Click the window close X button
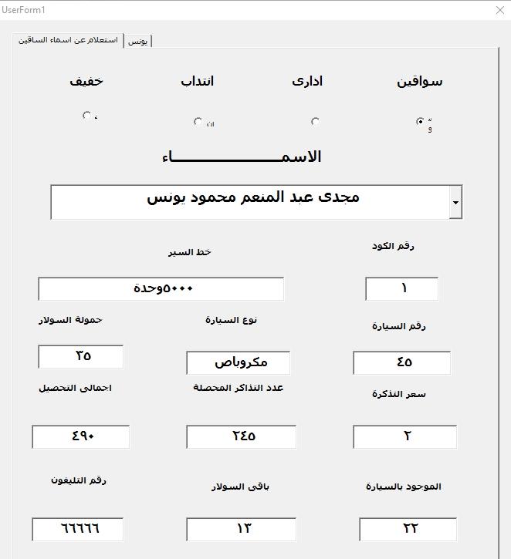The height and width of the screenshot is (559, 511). click(x=499, y=10)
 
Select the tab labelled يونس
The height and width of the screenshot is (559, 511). click(x=138, y=41)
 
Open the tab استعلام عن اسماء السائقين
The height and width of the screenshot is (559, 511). click(x=69, y=39)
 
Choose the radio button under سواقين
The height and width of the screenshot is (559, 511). click(x=420, y=121)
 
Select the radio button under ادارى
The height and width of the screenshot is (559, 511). click(x=315, y=121)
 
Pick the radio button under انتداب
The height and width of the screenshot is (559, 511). click(x=198, y=121)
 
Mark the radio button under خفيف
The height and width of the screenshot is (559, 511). click(x=86, y=116)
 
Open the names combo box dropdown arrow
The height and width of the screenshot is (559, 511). click(x=455, y=203)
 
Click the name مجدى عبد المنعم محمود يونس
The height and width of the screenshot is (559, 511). click(x=253, y=197)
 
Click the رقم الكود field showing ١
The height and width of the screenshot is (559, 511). click(x=402, y=289)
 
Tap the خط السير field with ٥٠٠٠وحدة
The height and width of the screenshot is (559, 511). click(x=161, y=289)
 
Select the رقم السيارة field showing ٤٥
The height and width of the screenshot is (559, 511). click(x=402, y=362)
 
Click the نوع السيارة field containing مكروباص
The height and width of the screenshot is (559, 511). click(x=239, y=362)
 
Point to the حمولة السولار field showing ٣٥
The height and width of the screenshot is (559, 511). click(x=81, y=356)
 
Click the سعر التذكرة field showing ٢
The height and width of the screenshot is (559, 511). click(x=405, y=436)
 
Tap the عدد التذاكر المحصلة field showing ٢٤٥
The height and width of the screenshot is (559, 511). click(x=242, y=436)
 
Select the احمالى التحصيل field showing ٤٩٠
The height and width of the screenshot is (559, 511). click(x=81, y=436)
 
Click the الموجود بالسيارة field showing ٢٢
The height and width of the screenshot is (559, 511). click(x=408, y=529)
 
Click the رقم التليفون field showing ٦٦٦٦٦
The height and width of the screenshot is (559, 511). click(x=78, y=529)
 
